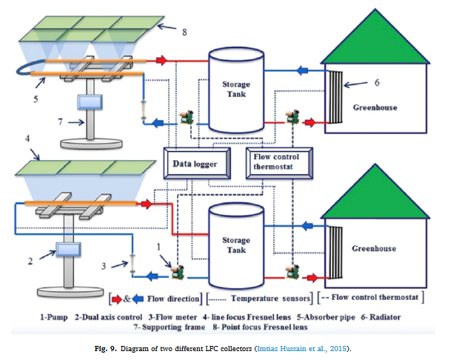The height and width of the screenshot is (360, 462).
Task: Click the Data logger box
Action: pyautogui.click(x=195, y=164)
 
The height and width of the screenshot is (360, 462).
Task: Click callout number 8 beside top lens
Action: pyautogui.click(x=184, y=32)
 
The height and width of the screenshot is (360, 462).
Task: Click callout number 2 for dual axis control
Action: pyautogui.click(x=30, y=261)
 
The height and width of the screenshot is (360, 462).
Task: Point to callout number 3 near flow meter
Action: pyautogui.click(x=104, y=265)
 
